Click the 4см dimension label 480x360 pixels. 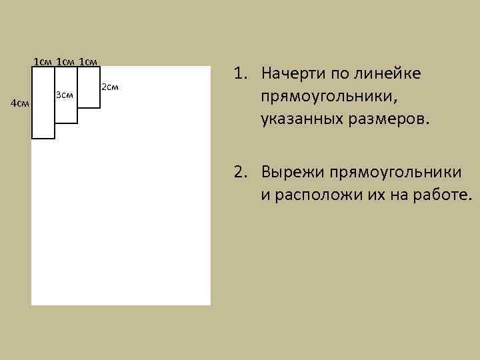point(20,103)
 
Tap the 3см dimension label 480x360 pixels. point(64,95)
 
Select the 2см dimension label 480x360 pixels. point(110,87)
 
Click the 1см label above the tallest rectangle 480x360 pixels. point(43,62)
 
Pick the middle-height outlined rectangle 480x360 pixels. point(66,110)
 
